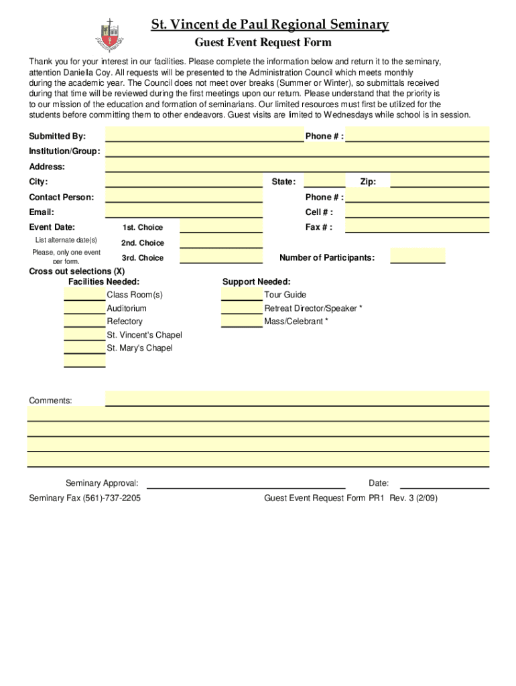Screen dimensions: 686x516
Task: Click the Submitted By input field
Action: coord(204,136)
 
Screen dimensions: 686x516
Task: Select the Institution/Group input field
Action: coord(297,151)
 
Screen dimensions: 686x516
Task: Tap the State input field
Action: coord(325,182)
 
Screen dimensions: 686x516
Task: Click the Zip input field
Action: coord(440,182)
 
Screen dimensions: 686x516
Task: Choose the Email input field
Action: coord(184,212)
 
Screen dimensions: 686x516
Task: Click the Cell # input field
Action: coord(417,212)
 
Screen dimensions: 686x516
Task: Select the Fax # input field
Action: coord(417,227)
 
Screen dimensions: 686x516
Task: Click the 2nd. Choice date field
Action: coord(221,243)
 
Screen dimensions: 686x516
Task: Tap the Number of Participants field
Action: coord(417,257)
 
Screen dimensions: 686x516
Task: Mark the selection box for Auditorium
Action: coord(84,308)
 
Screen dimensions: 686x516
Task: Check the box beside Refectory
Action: coord(84,322)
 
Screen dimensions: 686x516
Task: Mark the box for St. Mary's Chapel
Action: coord(84,348)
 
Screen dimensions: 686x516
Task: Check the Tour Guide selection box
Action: coord(241,295)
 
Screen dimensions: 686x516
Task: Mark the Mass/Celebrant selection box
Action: coord(241,322)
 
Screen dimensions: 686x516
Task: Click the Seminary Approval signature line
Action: coord(246,483)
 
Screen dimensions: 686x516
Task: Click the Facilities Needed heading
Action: coord(104,282)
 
